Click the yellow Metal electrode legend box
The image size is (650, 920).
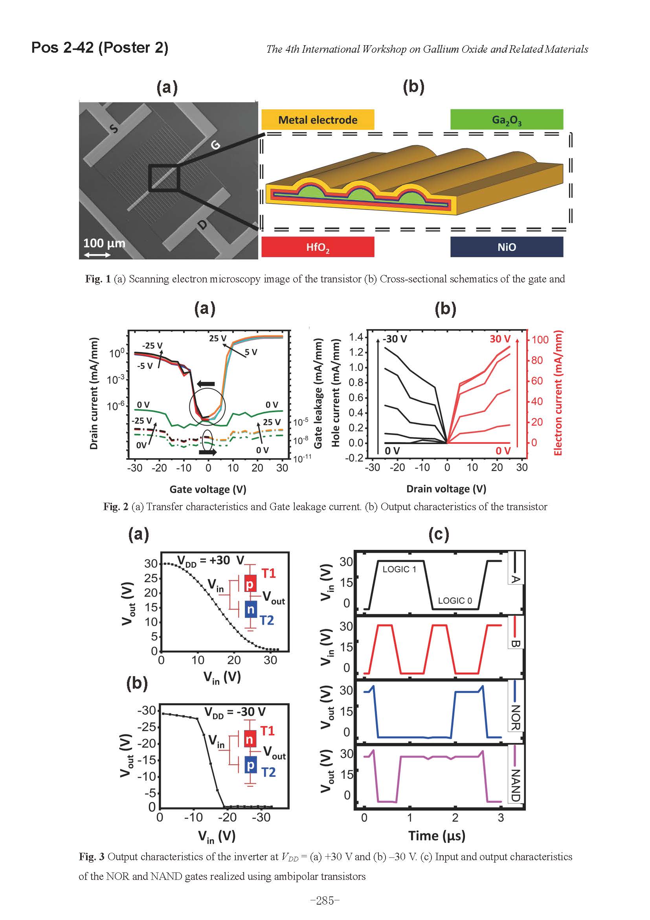pos(318,120)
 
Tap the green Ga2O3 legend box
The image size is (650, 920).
pos(506,120)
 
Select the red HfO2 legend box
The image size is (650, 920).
pos(318,247)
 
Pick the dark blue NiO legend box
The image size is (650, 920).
pos(506,247)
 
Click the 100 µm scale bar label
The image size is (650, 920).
pos(104,243)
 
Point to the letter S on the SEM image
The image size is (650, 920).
pos(114,129)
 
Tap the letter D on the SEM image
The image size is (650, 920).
pos(203,225)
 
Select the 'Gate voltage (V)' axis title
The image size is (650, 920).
pos(208,489)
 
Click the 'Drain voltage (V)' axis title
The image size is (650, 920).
pos(446,489)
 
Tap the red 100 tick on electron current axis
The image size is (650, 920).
pos(540,340)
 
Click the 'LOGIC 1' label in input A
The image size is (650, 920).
pos(399,570)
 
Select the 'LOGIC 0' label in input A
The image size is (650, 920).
pos(455,601)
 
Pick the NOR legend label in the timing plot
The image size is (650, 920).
pos(516,717)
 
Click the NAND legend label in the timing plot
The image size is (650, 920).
pos(516,785)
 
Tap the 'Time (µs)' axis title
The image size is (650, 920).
pos(437,836)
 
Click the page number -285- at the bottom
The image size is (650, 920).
pos(325,901)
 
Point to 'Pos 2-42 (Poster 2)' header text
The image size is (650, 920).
pos(100,48)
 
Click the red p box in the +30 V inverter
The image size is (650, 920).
pos(250,584)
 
